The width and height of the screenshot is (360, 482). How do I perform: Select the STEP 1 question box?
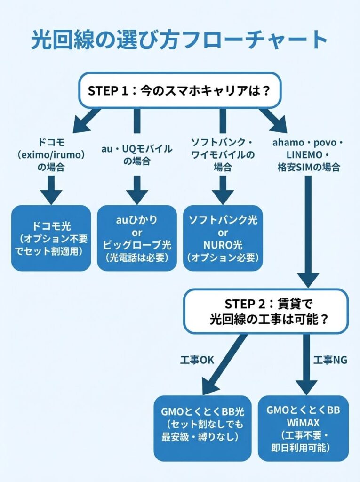point(179,90)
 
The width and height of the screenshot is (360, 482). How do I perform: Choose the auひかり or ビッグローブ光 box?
point(137,238)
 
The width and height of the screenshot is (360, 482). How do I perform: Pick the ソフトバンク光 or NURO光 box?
point(223,238)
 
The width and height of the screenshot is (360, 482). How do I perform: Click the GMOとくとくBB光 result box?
point(202,427)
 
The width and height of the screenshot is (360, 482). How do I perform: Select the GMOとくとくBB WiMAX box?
point(304,427)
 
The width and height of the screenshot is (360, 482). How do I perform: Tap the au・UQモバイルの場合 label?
point(137,155)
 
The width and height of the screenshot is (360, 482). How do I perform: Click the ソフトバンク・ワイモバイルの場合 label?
point(223,154)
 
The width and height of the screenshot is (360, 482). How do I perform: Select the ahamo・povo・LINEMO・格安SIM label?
point(308,154)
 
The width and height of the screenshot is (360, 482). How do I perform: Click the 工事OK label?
point(197,360)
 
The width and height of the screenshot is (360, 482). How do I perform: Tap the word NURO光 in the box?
point(223,245)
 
